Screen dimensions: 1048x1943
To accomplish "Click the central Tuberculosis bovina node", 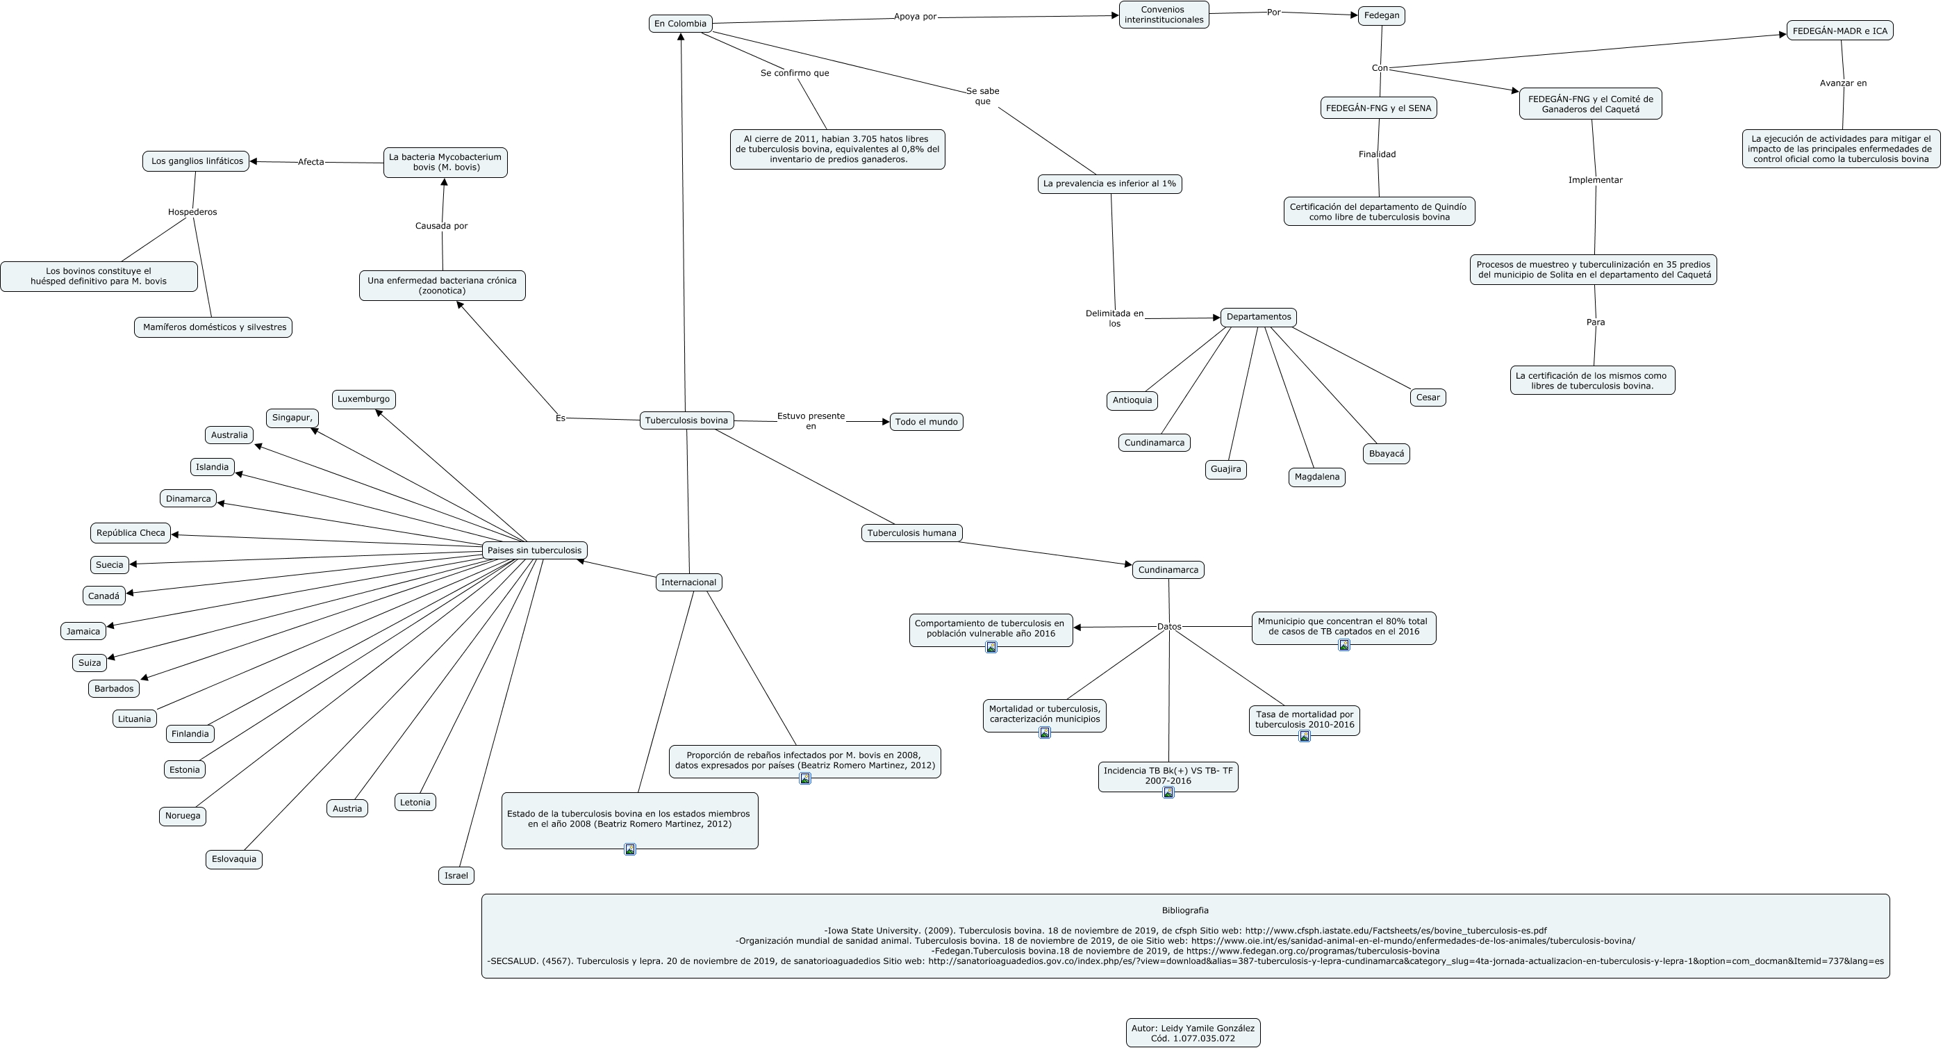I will [x=686, y=420].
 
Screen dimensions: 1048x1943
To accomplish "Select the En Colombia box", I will [x=680, y=24].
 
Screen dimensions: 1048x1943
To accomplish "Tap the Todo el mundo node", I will [x=926, y=422].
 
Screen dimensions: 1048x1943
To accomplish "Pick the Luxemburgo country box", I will [x=363, y=399].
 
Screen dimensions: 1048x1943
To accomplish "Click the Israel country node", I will [x=456, y=875].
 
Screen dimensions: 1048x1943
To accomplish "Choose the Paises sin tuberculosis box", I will [x=534, y=550].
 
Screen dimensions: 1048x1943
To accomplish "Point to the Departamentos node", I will [x=1258, y=317].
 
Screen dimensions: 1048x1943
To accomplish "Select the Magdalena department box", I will [x=1317, y=477].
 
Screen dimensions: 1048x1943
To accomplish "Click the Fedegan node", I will [x=1381, y=15].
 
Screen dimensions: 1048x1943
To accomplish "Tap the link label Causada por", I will [x=441, y=226].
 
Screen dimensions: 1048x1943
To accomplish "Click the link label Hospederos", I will [x=192, y=212].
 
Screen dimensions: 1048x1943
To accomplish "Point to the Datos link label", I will [x=1169, y=626].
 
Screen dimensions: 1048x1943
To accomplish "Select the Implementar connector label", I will [x=1595, y=179].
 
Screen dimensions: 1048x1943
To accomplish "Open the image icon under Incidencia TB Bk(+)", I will [x=1168, y=792].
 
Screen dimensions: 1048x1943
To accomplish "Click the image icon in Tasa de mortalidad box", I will [x=1304, y=736].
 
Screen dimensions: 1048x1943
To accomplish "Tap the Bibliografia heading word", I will [x=1185, y=910].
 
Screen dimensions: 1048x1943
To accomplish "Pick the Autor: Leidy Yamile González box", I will [x=1193, y=1033].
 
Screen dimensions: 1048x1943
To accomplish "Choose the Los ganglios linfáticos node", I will [x=196, y=161].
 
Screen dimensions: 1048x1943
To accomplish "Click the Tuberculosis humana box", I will [x=911, y=532].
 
